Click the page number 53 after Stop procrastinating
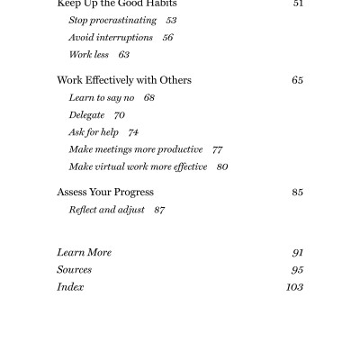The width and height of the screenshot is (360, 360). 171,20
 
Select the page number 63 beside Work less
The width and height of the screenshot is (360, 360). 124,54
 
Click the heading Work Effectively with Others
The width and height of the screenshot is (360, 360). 124,80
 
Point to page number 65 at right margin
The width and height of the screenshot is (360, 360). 297,80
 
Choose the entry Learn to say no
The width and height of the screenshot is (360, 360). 99,97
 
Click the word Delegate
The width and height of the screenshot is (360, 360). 87,114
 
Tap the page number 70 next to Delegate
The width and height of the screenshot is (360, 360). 120,114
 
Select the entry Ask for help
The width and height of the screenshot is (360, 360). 93,131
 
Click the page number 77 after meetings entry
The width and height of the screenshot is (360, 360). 217,148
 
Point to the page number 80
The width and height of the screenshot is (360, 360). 222,166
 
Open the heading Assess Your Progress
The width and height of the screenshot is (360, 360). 105,192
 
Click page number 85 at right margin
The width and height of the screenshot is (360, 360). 297,192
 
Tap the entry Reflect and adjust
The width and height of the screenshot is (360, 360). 106,209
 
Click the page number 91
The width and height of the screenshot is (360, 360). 297,253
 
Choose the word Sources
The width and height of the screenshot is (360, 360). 74,270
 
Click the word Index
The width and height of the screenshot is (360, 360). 70,287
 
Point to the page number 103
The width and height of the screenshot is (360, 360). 294,287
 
